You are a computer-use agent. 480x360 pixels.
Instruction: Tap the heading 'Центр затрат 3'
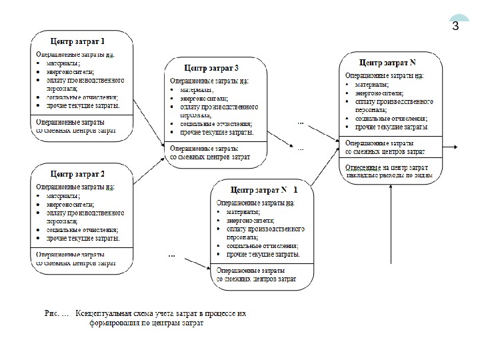pos(211,68)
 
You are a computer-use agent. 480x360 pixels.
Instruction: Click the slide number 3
pos(455,27)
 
